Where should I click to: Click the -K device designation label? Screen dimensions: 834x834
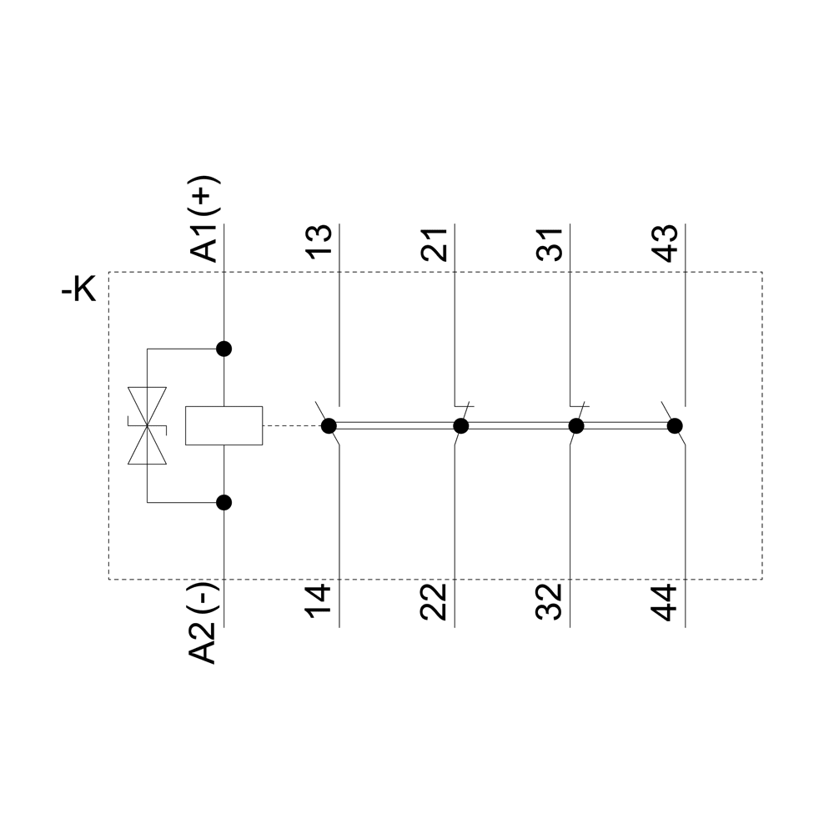pos(80,290)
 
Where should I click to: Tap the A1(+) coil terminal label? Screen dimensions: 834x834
pos(204,219)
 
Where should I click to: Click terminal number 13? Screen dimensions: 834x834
pos(319,243)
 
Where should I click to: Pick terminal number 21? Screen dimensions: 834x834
pos(435,243)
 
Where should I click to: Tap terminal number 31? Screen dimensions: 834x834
pos(550,243)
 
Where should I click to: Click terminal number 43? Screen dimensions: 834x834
pos(665,243)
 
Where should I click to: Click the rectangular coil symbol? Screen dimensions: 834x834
pos(224,425)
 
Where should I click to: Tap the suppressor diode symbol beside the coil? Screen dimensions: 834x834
pos(147,425)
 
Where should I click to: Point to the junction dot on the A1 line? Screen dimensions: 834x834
pos(224,349)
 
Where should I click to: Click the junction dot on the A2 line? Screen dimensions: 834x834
pos(224,502)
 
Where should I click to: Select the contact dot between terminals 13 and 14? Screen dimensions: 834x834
pos(329,426)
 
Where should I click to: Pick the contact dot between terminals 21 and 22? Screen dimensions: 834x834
pos(460,426)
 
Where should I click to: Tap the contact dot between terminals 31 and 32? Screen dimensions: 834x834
pos(575,426)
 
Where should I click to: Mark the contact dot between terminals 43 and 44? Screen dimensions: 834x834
pos(674,426)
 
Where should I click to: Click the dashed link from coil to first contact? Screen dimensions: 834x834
pos(292,426)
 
